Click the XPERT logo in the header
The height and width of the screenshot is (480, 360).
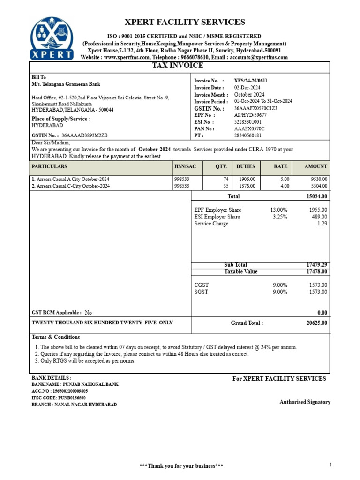coord(52,38)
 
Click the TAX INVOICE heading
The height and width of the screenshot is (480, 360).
coord(178,66)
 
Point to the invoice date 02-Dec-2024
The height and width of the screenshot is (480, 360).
coord(247,88)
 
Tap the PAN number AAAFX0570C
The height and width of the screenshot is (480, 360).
coord(249,128)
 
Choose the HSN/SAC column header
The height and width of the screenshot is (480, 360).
coord(182,166)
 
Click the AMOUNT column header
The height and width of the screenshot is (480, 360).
coord(315,166)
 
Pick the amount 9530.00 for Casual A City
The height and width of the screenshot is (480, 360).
coord(319,179)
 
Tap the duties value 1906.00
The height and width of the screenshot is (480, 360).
coord(247,179)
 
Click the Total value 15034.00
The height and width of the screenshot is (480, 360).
coord(317,196)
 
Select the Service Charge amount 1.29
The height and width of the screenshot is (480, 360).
coord(322,224)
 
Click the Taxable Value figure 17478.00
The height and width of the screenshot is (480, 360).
coord(317,271)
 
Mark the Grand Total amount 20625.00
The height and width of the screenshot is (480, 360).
coord(317,323)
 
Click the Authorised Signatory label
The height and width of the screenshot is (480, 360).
coord(305,402)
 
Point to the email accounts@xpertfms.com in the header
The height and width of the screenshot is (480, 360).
coord(258,57)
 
